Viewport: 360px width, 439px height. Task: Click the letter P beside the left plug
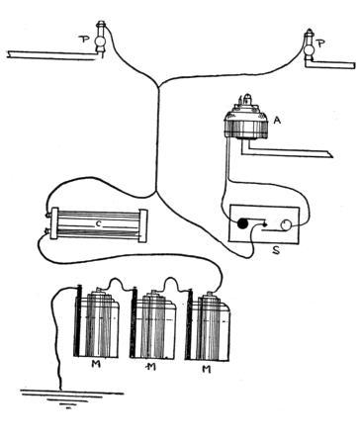(84, 40)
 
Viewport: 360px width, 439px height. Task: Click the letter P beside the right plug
(320, 44)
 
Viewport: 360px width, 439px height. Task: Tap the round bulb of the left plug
(100, 42)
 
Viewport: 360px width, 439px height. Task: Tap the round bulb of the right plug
(310, 49)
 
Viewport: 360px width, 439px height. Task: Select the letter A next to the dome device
(277, 121)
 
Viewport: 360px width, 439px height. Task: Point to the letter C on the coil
(98, 224)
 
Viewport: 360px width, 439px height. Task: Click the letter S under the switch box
(276, 250)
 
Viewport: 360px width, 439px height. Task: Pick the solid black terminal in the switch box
(242, 223)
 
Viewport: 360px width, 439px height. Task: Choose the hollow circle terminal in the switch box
(286, 224)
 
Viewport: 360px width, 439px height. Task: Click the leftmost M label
(96, 365)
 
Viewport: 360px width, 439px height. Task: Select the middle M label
(150, 366)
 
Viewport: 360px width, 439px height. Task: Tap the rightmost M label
(206, 369)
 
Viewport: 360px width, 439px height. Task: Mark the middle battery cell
(152, 323)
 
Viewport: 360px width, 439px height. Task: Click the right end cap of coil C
(143, 225)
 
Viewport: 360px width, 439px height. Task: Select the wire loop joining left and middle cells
(116, 284)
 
